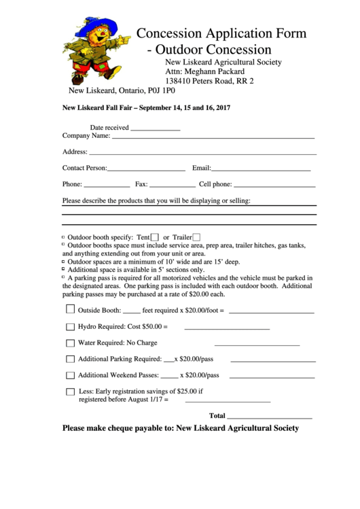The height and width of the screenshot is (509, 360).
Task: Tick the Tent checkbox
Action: tap(155, 236)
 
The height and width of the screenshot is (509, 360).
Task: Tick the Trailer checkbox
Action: tap(197, 236)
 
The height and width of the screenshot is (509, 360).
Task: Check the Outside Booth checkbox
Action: tap(70, 309)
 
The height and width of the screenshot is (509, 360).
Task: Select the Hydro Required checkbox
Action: tap(70, 326)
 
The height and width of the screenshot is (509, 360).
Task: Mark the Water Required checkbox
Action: tap(70, 343)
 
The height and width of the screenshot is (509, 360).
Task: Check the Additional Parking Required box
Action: tap(70, 359)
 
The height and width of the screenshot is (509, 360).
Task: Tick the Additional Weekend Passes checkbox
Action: tap(70, 375)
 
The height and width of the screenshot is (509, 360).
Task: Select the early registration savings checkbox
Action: tap(70, 391)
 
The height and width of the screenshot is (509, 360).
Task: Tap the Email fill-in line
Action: tap(261, 169)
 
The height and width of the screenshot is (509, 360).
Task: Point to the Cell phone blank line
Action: tap(274, 185)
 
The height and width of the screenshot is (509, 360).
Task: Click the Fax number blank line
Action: tap(172, 185)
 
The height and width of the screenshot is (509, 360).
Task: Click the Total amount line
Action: tap(270, 417)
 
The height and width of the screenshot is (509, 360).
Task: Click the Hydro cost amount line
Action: tap(227, 328)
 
